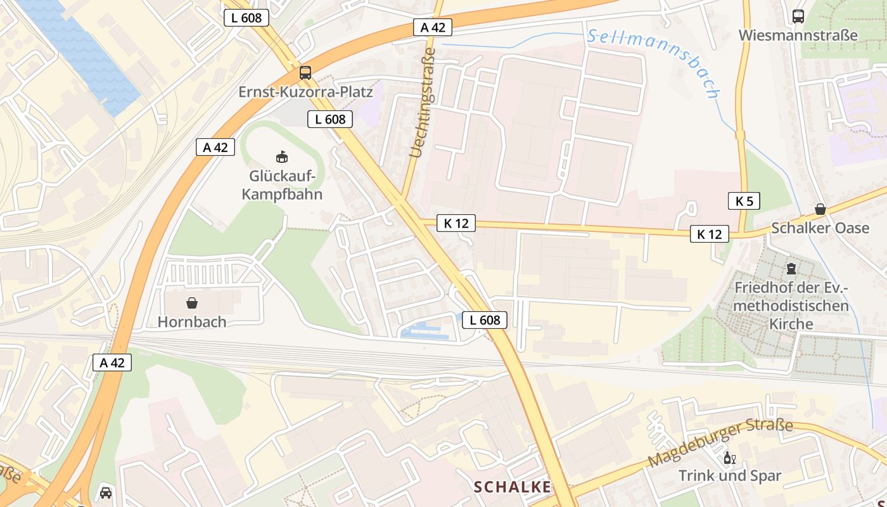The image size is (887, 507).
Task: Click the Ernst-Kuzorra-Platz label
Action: click(305, 92)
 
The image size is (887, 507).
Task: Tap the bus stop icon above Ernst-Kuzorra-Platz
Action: click(305, 72)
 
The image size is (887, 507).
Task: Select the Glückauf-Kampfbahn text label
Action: click(282, 185)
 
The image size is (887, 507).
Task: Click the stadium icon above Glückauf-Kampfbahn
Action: click(282, 156)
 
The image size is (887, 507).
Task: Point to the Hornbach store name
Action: click(192, 322)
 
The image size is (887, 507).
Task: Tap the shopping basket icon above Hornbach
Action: click(192, 303)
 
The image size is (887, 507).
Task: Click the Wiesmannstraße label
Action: click(798, 35)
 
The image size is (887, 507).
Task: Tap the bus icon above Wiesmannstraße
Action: click(798, 16)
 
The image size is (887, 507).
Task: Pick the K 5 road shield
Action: click(744, 202)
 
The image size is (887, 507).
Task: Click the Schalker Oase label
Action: click(820, 228)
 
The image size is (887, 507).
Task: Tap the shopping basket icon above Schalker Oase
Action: click(820, 209)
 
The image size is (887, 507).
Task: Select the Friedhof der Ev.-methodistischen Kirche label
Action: click(791, 305)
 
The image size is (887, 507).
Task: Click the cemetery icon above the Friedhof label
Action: click(791, 269)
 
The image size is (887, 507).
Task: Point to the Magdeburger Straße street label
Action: click(721, 442)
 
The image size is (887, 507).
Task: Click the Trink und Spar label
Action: click(730, 475)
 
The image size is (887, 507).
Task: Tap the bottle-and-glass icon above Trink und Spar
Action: click(730, 458)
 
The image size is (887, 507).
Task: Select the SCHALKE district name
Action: click(513, 487)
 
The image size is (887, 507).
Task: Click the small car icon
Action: click(106, 492)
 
